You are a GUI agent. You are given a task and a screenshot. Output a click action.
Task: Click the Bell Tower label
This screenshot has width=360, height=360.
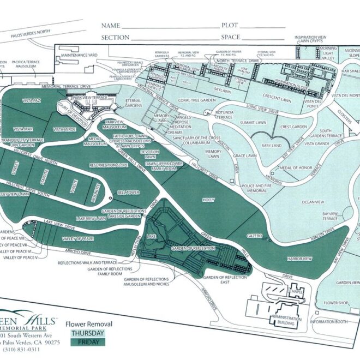127,192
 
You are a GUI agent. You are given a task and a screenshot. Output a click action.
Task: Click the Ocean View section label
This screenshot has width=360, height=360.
313,202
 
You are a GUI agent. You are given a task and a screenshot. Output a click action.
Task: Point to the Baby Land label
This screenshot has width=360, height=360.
271,145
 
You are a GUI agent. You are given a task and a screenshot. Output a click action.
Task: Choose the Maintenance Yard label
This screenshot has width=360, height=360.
80,55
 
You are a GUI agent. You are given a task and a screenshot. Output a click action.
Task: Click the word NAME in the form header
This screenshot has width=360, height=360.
110,26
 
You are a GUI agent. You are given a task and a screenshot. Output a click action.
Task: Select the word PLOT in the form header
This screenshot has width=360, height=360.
229,26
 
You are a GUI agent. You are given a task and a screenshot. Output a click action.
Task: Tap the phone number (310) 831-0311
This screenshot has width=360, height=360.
21,349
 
